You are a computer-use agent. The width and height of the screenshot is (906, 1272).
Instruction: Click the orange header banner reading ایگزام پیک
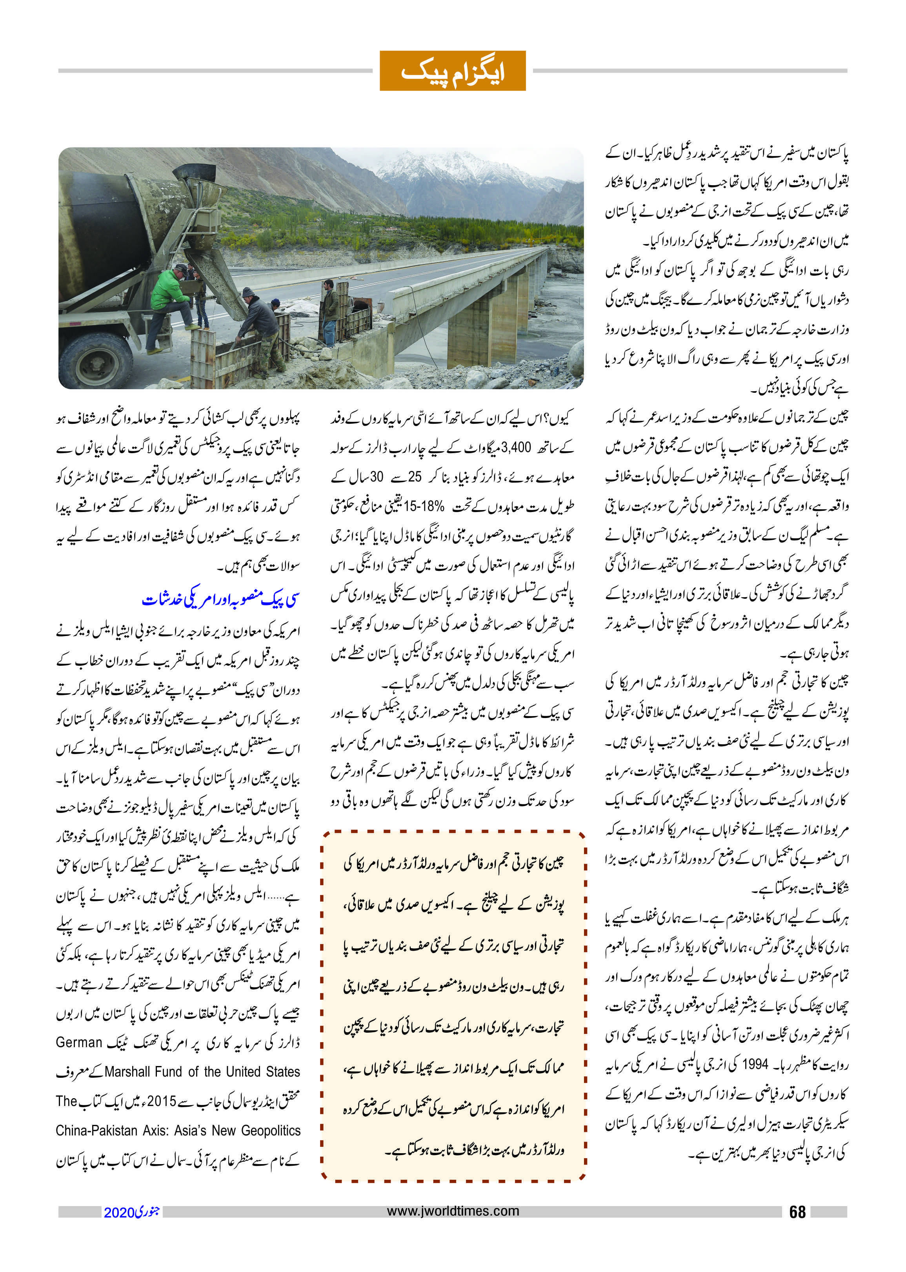(453, 71)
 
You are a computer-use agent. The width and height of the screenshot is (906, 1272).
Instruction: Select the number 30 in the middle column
(376, 477)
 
